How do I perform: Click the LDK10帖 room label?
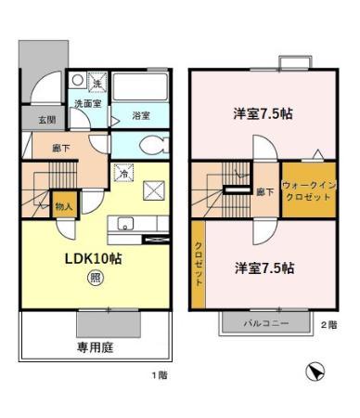pyautogui.click(x=94, y=258)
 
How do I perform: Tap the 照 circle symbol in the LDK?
pyautogui.click(x=95, y=277)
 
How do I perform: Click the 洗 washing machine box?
pyautogui.click(x=97, y=83)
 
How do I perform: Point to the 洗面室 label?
pyautogui.click(x=88, y=104)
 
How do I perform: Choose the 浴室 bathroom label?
pyautogui.click(x=141, y=116)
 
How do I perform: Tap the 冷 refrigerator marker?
pyautogui.click(x=122, y=173)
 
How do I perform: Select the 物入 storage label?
pyautogui.click(x=64, y=206)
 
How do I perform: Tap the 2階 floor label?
pyautogui.click(x=328, y=324)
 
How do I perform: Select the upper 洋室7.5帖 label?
pyautogui.click(x=263, y=115)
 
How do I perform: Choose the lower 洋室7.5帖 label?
pyautogui.click(x=263, y=268)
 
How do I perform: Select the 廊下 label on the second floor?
pyautogui.click(x=264, y=192)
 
